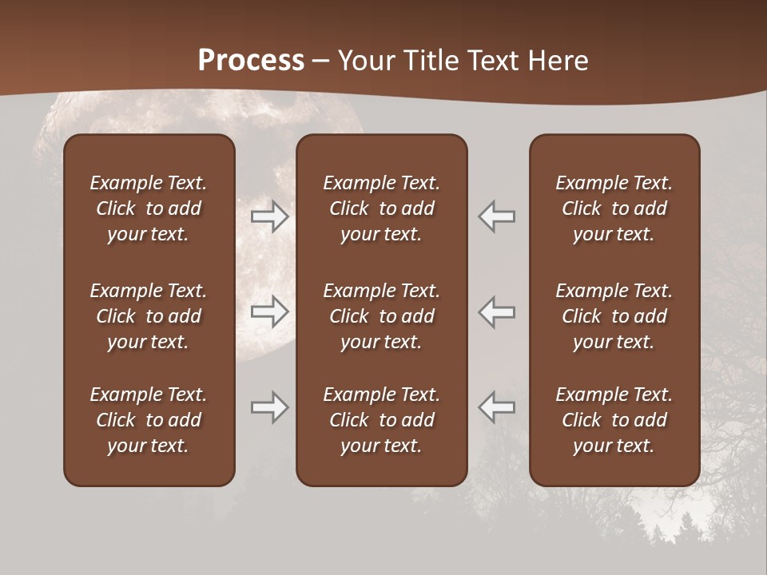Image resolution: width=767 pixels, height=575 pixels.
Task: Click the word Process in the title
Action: coord(251,61)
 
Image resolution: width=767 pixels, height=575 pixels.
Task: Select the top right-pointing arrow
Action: coord(270,216)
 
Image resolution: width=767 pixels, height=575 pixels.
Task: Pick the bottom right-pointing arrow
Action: coord(270,407)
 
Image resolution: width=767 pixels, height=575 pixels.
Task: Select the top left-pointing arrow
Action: coord(496,216)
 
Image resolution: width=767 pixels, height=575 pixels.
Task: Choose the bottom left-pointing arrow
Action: coord(496,407)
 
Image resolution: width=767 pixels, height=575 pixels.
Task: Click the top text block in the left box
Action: coord(149,208)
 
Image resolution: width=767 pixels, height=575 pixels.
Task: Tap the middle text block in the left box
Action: coord(149,316)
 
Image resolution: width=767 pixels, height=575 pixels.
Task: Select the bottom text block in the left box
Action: coord(149,420)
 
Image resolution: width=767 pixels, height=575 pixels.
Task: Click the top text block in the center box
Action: coord(381,208)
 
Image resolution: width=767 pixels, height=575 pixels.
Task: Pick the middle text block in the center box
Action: coord(381,316)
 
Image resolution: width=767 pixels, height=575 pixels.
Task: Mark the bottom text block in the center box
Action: coord(381,420)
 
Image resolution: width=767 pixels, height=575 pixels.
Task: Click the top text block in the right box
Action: coord(614,208)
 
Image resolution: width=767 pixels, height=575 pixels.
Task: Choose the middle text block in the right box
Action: coord(614,316)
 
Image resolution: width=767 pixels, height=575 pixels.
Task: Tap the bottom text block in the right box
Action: coord(614,420)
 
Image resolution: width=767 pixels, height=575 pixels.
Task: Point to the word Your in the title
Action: coord(366,61)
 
